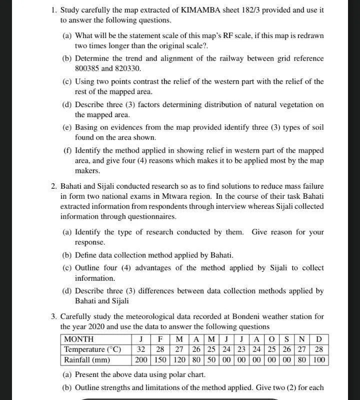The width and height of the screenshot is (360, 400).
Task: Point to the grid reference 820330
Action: [128, 69]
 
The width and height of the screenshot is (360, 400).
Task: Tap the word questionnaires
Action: [150, 217]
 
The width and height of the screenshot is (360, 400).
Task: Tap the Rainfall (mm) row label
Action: [87, 360]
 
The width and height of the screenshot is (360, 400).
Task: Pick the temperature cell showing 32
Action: [141, 349]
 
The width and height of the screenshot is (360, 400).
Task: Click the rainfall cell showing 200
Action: [142, 360]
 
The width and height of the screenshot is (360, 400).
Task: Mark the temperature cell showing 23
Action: [241, 349]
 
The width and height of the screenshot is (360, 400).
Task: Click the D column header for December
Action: [319, 339]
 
